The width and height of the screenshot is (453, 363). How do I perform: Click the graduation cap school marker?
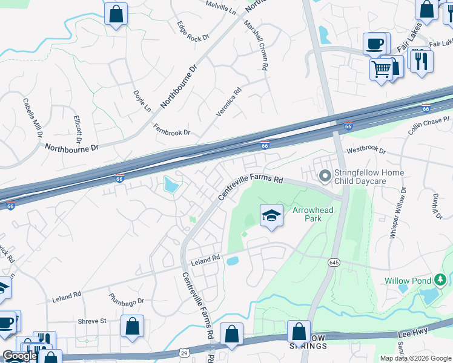(271, 215)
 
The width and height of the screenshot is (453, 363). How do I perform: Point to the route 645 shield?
(334, 262)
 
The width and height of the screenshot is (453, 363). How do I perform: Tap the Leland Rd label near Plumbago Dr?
(67, 296)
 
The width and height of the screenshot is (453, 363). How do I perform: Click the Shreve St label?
(92, 321)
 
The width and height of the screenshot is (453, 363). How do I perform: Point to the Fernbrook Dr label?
(171, 129)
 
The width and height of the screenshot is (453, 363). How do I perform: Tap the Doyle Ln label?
(142, 101)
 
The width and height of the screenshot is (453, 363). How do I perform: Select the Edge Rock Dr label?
(193, 30)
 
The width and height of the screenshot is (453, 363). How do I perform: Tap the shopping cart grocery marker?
(381, 70)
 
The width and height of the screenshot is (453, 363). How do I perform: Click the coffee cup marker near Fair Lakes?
(374, 44)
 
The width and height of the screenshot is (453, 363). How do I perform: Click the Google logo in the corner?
(20, 356)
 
